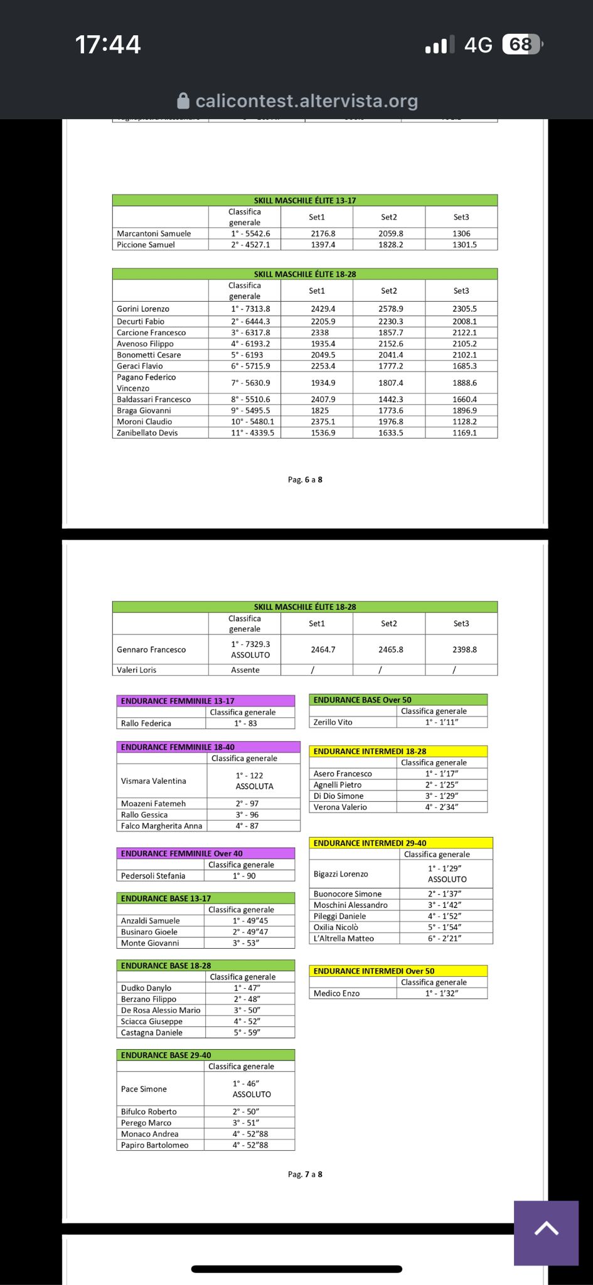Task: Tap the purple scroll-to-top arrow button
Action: coord(546,1232)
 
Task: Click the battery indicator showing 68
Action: coord(521,45)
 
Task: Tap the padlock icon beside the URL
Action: coord(183,101)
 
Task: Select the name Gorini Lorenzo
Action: coord(143,309)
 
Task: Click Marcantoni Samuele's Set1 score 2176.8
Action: coord(323,233)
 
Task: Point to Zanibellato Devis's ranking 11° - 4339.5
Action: coord(252,433)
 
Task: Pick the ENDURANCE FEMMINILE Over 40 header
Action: coord(181,853)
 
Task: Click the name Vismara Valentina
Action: coord(154,781)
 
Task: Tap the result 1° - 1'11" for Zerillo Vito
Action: coord(442,722)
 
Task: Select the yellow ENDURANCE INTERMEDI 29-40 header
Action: coord(370,843)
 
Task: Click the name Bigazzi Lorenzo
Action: coord(341,874)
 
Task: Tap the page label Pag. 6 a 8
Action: coord(305,480)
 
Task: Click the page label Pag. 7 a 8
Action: coord(305,1175)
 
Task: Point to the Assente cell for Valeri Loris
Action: coord(245,670)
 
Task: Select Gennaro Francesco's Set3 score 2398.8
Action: coord(464,649)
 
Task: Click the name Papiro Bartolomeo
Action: coord(154,1145)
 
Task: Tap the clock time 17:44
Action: coord(108,45)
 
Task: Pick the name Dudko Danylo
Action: coord(146,988)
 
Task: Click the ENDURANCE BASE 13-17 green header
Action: coord(166,898)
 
